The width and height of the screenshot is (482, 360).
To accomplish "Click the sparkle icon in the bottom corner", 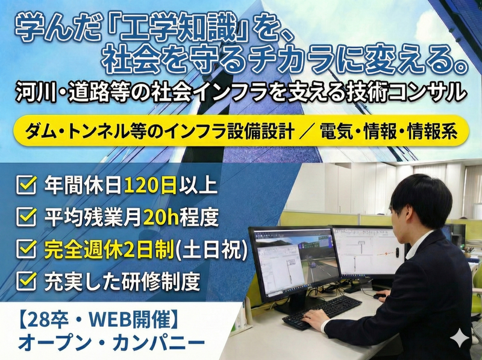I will [x=462, y=339].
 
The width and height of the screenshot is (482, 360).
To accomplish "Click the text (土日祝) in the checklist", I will [x=216, y=248].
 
